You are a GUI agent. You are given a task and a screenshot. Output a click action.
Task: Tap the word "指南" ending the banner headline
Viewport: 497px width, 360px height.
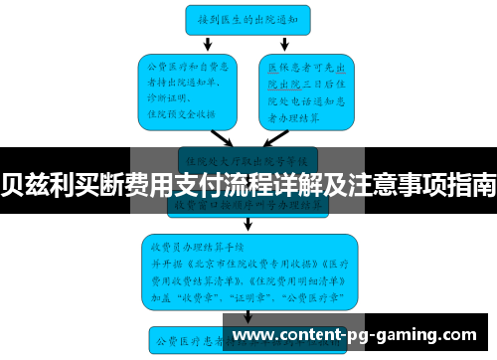472,184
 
